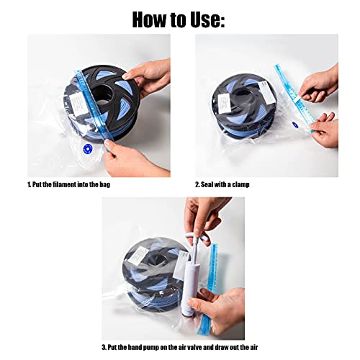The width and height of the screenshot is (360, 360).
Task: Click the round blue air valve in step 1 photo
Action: pos(86,148)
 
